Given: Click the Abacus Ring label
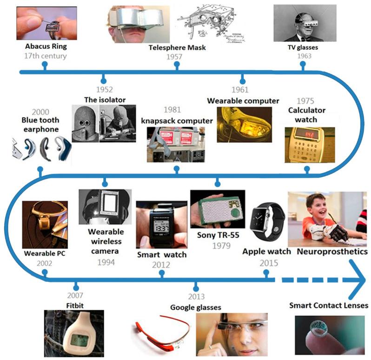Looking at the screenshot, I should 46,47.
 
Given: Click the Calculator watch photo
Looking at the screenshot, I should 309,145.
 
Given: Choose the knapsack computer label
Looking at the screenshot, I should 177,121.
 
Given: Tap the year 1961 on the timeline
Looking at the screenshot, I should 240,90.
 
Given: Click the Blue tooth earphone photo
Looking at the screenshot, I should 40,148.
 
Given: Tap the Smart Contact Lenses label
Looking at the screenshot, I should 329,306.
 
